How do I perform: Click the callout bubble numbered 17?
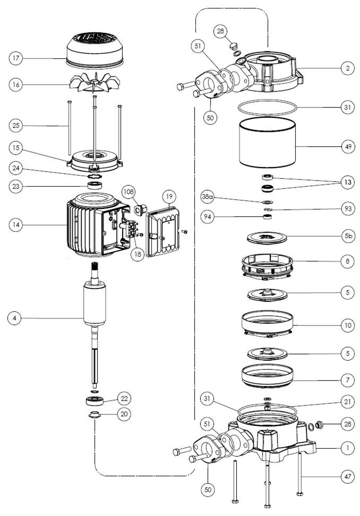(15, 59)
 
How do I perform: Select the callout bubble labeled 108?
(129, 192)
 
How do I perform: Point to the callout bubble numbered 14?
(15, 225)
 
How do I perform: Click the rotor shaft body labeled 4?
(94, 304)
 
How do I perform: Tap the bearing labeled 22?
(95, 400)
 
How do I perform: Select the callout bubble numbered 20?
(124, 414)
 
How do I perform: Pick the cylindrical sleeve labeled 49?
(267, 142)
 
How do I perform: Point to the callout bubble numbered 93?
(348, 208)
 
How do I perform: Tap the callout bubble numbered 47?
(348, 476)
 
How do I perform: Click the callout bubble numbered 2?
(348, 68)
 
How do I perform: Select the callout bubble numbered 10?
(348, 325)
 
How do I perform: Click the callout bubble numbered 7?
(348, 380)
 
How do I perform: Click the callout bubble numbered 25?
(15, 126)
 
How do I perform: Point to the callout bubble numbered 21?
(348, 402)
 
